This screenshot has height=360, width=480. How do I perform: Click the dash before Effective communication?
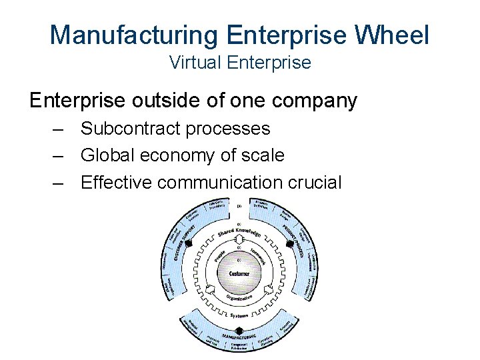point(58,182)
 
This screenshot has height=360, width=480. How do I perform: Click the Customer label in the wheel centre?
point(239,273)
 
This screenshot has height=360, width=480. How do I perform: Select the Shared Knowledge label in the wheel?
point(239,231)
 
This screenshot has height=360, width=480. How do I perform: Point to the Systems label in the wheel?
point(239,315)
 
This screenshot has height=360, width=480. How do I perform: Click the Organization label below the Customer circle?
point(239,298)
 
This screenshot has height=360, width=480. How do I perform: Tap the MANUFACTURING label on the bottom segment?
point(239,338)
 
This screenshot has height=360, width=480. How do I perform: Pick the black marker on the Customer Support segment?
point(189,244)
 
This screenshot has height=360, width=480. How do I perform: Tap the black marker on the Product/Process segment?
point(289,244)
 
